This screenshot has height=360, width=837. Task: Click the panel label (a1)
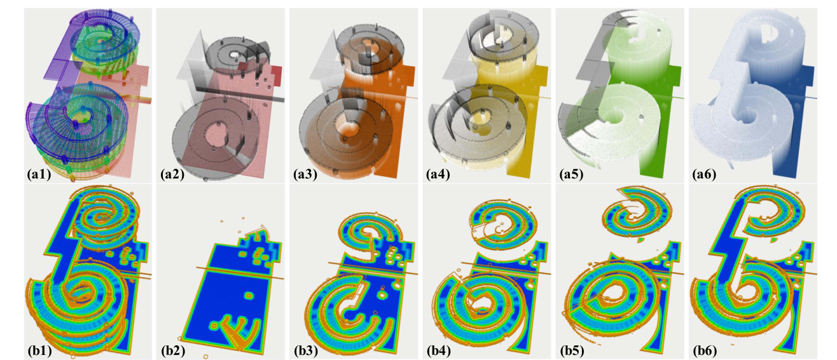click(x=39, y=174)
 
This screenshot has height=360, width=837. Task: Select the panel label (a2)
click(x=172, y=174)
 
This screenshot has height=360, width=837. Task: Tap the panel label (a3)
click(x=305, y=174)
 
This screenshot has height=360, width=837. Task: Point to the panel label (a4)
click(x=438, y=174)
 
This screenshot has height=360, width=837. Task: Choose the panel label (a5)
click(x=571, y=174)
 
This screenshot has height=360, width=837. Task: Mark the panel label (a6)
click(x=704, y=174)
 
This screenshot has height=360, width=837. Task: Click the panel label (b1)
click(x=39, y=350)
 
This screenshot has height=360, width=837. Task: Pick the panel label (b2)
click(x=172, y=350)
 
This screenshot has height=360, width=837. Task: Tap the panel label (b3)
click(x=306, y=350)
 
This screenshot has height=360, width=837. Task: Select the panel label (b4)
click(x=439, y=350)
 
